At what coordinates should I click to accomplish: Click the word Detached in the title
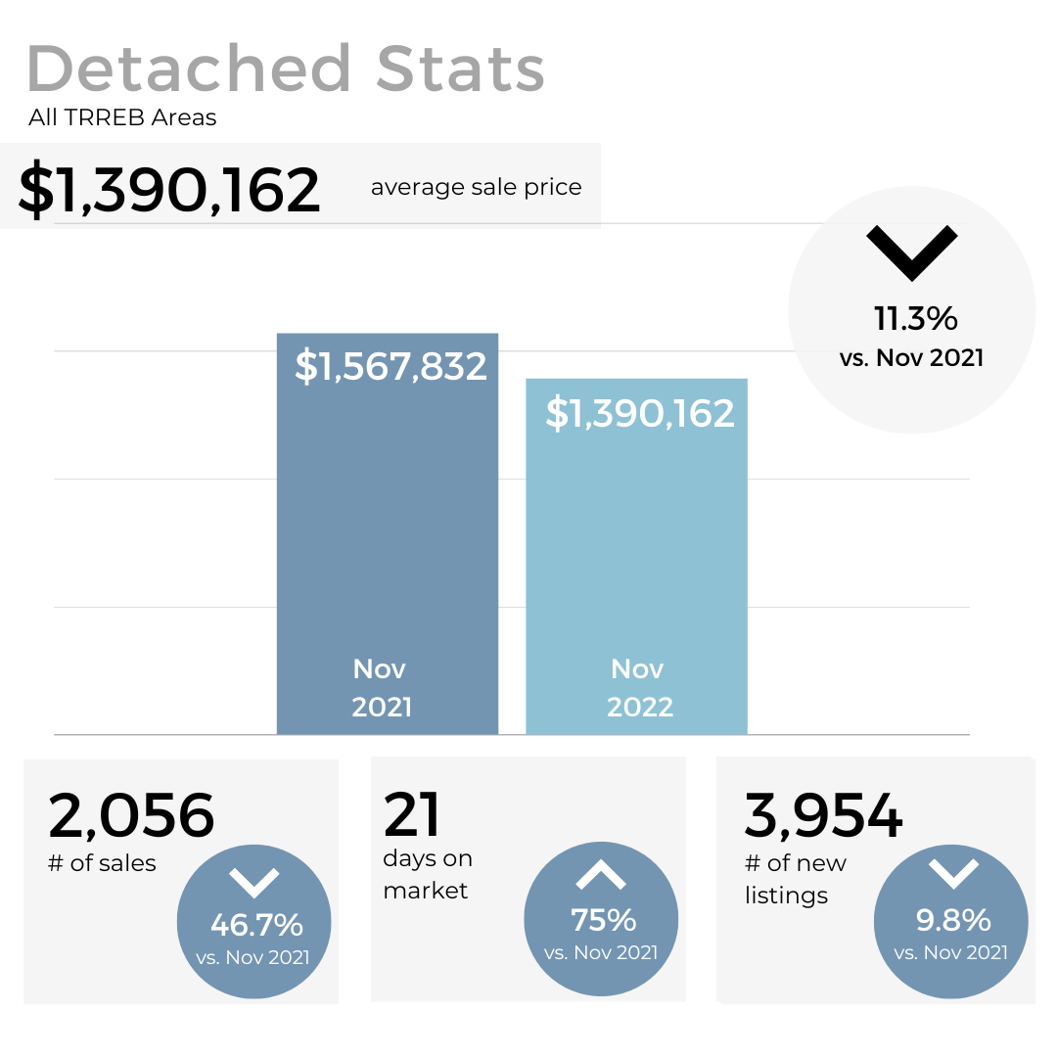click(190, 69)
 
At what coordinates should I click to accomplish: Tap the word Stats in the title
click(460, 69)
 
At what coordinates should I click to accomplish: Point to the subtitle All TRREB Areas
click(122, 118)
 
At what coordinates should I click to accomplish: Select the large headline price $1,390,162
click(169, 190)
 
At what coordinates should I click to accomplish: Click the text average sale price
click(476, 187)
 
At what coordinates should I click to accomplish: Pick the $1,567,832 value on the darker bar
click(391, 366)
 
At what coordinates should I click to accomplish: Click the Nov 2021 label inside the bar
click(381, 687)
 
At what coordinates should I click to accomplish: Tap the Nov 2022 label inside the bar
click(639, 687)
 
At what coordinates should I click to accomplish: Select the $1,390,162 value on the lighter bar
click(640, 413)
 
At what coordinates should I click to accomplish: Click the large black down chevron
click(911, 253)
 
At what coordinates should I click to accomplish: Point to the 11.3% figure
click(915, 318)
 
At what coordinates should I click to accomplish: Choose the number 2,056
click(131, 815)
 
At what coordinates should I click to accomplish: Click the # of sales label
click(102, 862)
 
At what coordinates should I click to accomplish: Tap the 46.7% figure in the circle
click(256, 924)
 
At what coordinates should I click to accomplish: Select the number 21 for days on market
click(412, 814)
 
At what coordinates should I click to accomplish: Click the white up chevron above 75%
click(601, 874)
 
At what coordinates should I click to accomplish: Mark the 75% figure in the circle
click(603, 920)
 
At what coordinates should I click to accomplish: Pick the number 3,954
click(823, 815)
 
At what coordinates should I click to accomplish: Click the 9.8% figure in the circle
click(953, 920)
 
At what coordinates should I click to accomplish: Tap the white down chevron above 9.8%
click(952, 873)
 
